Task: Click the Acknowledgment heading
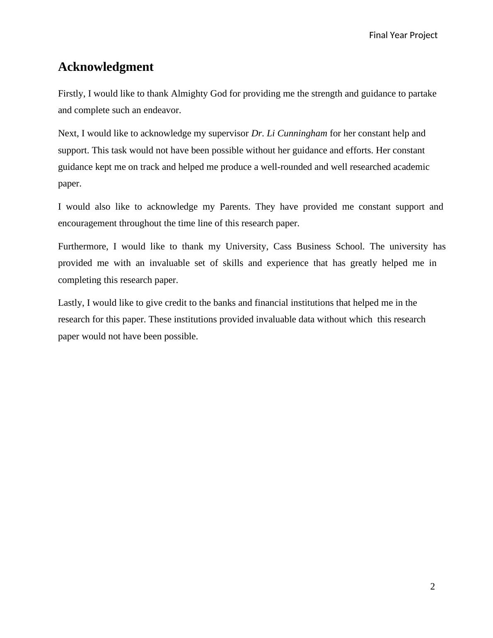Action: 106,67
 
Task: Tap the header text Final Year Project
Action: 403,35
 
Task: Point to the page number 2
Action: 433,586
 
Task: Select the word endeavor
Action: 164,110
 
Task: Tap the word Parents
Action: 234,207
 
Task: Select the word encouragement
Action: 87,223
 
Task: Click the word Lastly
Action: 71,303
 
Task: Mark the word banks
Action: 224,303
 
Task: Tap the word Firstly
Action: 72,94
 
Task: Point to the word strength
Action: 326,94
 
